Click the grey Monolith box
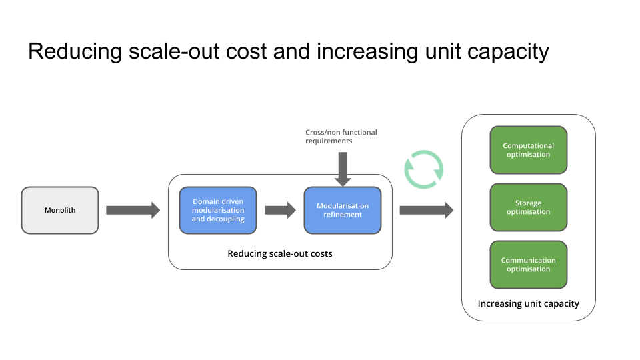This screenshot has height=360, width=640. [60, 210]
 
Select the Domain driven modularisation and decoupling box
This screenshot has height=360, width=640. [218, 210]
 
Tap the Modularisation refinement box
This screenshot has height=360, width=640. [343, 210]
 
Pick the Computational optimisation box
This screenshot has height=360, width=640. [529, 150]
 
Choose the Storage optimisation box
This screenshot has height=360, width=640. [529, 207]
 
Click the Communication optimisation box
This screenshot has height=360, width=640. [529, 265]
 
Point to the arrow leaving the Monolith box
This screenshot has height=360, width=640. [133, 210]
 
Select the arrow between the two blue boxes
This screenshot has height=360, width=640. [280, 210]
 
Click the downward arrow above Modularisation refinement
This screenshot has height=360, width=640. [343, 169]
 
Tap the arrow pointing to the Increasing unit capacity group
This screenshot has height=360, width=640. [426, 210]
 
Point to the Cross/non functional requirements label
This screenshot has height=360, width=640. [341, 137]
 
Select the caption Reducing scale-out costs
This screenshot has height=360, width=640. [280, 254]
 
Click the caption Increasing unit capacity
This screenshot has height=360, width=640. [529, 304]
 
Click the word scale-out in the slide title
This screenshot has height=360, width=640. [166, 51]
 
